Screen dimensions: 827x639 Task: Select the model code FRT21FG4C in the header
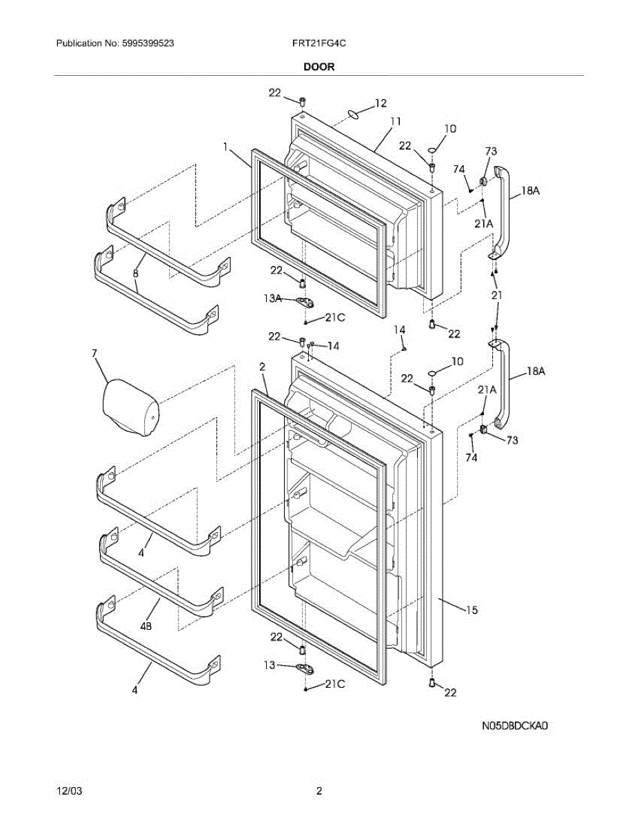(318, 43)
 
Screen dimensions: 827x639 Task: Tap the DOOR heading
(318, 67)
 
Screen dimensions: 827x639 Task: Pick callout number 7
(94, 354)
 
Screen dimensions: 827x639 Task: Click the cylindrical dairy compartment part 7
(131, 409)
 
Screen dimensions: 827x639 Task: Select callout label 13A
(273, 298)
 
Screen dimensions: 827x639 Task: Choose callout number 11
(395, 121)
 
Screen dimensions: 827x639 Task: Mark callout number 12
(381, 103)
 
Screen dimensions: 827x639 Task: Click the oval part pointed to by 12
(354, 114)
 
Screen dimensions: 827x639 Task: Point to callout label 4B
(146, 626)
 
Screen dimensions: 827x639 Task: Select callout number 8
(136, 274)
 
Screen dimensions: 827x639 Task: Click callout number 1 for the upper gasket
(225, 146)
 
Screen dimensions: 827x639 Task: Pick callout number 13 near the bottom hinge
(270, 665)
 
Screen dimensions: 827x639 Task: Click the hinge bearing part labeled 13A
(303, 301)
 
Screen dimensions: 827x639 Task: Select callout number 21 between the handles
(497, 295)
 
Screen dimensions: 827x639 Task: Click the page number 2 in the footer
(319, 791)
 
